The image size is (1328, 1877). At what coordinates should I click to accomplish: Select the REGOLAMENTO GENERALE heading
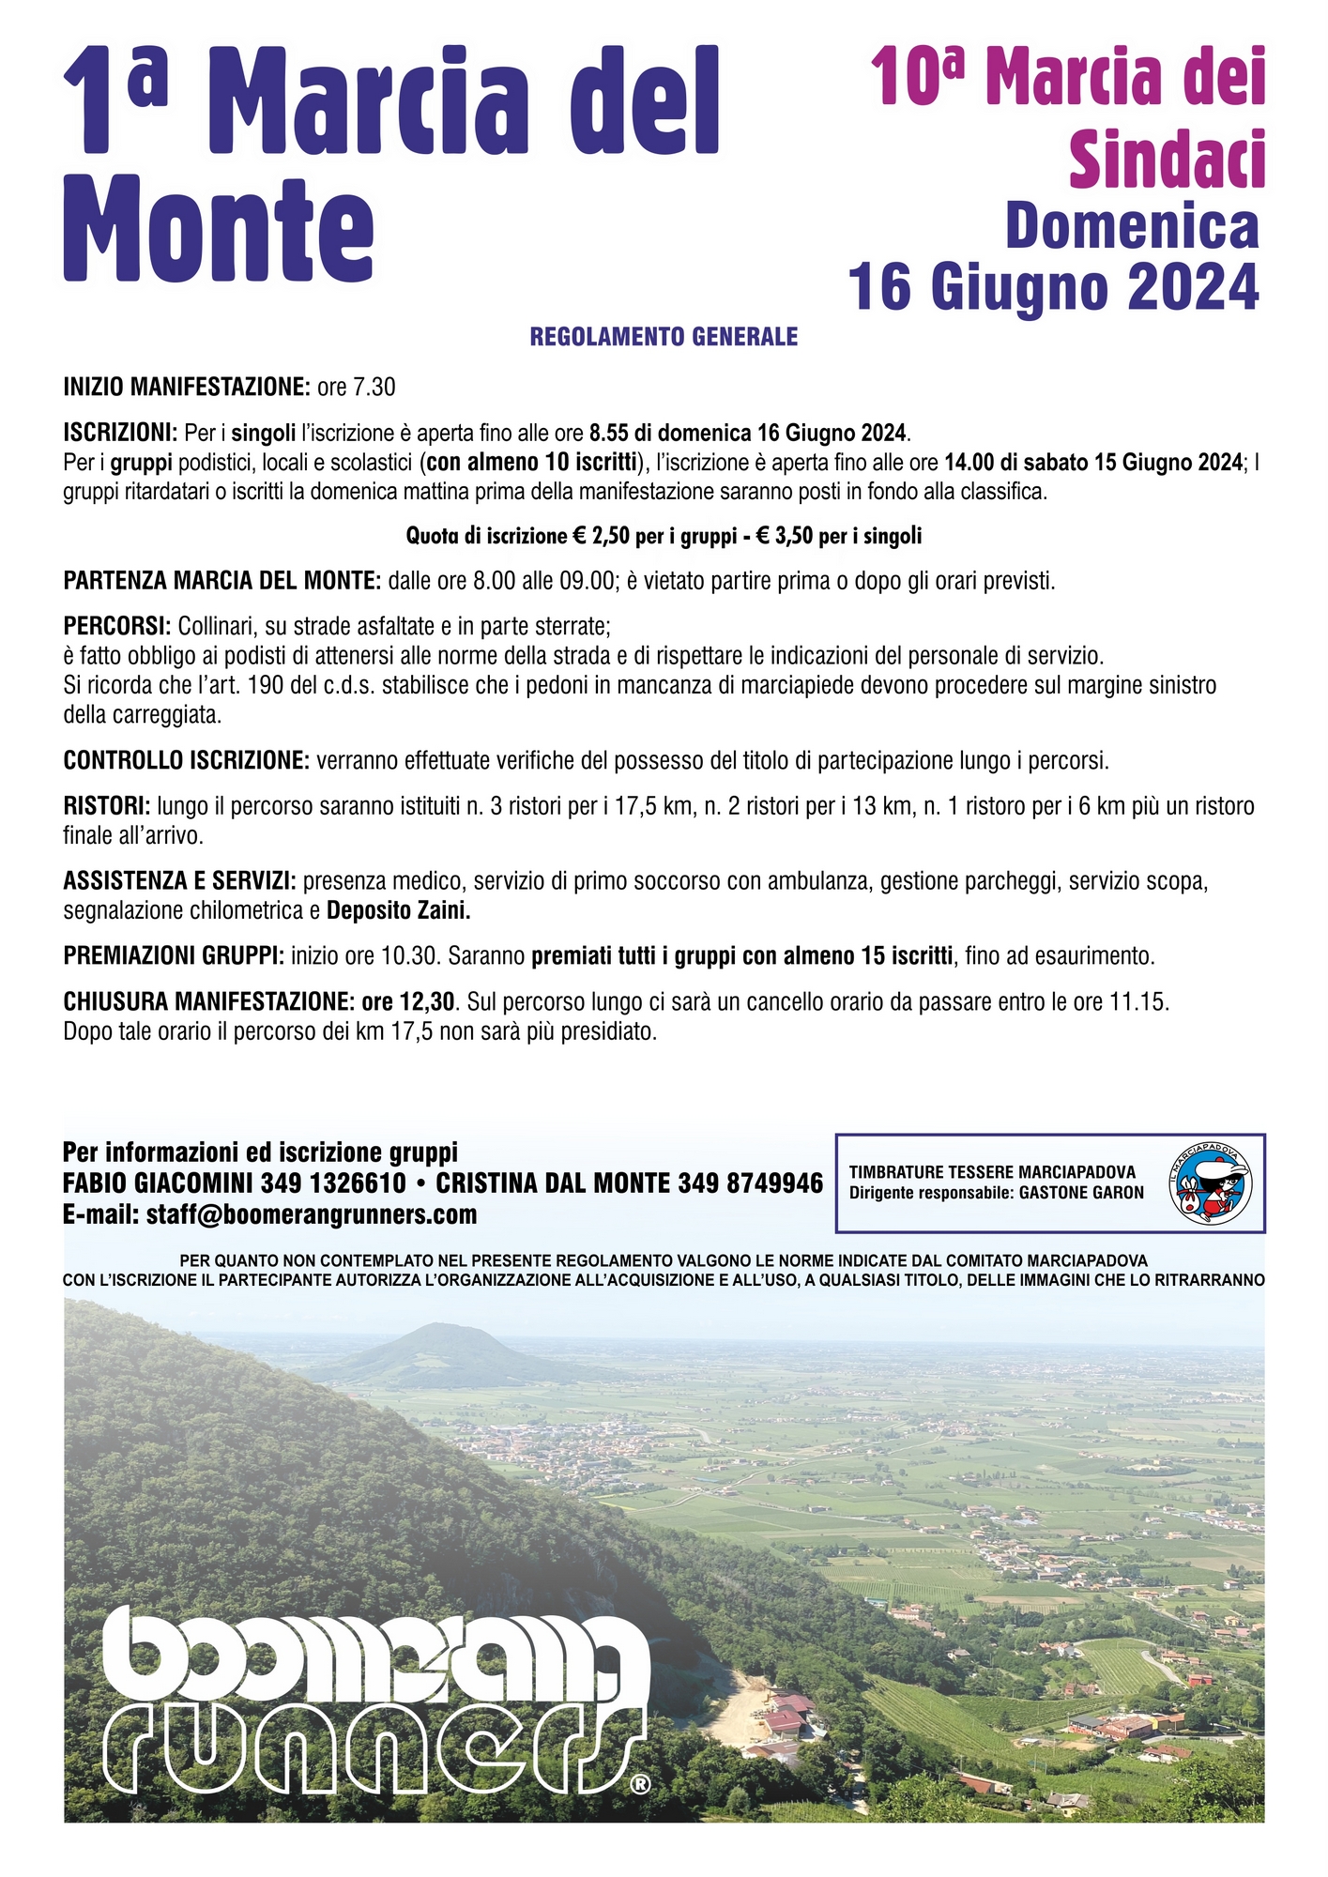[x=664, y=337]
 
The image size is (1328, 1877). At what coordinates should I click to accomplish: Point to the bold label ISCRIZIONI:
[x=120, y=433]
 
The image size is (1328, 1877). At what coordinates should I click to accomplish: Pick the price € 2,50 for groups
[x=602, y=536]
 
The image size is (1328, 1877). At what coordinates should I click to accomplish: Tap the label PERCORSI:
[x=117, y=625]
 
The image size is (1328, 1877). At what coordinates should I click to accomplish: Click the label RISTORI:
[x=106, y=805]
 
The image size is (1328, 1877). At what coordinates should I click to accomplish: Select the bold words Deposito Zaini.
[x=398, y=910]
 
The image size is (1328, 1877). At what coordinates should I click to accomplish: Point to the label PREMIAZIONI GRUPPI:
[x=174, y=956]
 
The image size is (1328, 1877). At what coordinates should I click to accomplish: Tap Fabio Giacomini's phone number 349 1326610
[x=333, y=1183]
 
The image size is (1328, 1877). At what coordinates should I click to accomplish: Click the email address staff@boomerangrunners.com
[x=312, y=1214]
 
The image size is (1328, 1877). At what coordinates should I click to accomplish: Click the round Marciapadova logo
[x=1211, y=1183]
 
